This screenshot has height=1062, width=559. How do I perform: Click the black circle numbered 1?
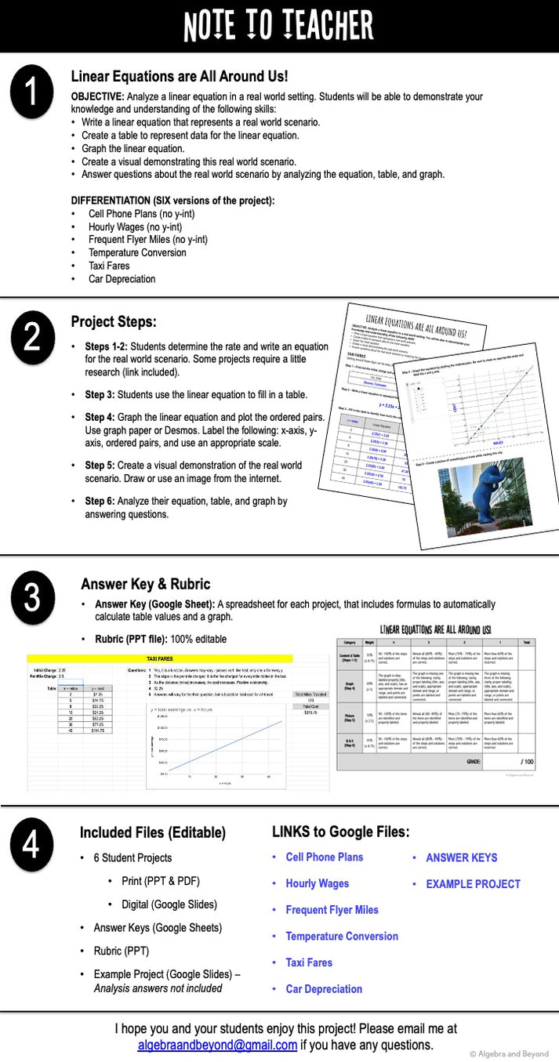31,92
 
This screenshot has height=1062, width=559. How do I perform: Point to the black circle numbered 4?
31,848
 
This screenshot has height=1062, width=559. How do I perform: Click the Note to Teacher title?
278,26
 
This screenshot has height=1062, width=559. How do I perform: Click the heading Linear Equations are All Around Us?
180,77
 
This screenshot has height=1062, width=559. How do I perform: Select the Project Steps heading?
114,322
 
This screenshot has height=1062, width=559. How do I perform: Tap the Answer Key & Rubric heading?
146,584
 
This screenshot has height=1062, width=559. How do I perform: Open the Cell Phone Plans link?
325,857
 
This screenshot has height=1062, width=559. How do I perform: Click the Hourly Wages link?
318,883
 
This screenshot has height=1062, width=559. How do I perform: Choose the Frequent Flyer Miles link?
332,910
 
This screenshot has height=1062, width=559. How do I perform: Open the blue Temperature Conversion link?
342,936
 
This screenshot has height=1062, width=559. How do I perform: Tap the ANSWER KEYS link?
462,857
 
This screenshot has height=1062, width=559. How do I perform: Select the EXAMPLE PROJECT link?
473,883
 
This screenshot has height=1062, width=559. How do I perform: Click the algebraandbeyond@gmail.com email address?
217,1045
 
